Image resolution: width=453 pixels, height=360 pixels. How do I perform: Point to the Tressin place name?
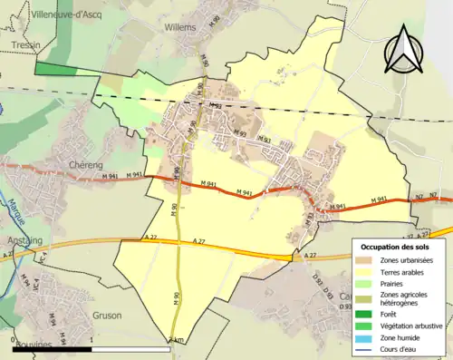pyautogui.click(x=20, y=43)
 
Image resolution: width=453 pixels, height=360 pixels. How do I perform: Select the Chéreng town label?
pyautogui.click(x=89, y=164)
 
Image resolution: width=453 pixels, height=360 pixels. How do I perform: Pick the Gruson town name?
pyautogui.click(x=106, y=316)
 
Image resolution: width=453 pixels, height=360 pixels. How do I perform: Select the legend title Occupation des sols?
pyautogui.click(x=396, y=247)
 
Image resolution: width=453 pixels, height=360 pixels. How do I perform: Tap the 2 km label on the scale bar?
pyautogui.click(x=176, y=340)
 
